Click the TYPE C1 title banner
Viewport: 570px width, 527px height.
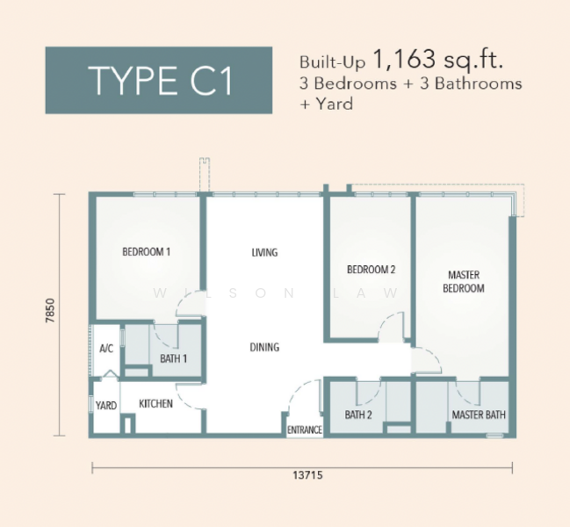[159, 80]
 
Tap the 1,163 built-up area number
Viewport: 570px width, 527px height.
[403, 59]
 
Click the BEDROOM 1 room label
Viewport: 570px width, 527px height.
[146, 252]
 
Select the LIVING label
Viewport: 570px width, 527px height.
[264, 252]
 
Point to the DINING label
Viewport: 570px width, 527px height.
[264, 348]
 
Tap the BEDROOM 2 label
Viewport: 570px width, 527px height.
[371, 270]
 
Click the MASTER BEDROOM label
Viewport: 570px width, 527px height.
[464, 282]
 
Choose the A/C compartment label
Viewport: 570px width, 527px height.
[106, 349]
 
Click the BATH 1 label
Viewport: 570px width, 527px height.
[173, 359]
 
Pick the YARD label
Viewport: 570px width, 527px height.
[106, 406]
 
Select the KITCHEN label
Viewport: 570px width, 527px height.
[155, 404]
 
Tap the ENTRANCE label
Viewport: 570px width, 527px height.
[305, 430]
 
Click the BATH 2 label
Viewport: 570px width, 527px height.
[358, 415]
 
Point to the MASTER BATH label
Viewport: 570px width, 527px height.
[479, 415]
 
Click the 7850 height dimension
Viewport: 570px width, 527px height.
[51, 310]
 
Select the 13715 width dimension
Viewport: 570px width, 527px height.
[307, 475]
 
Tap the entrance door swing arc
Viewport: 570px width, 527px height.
[295, 391]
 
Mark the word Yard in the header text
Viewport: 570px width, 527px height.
[335, 104]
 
